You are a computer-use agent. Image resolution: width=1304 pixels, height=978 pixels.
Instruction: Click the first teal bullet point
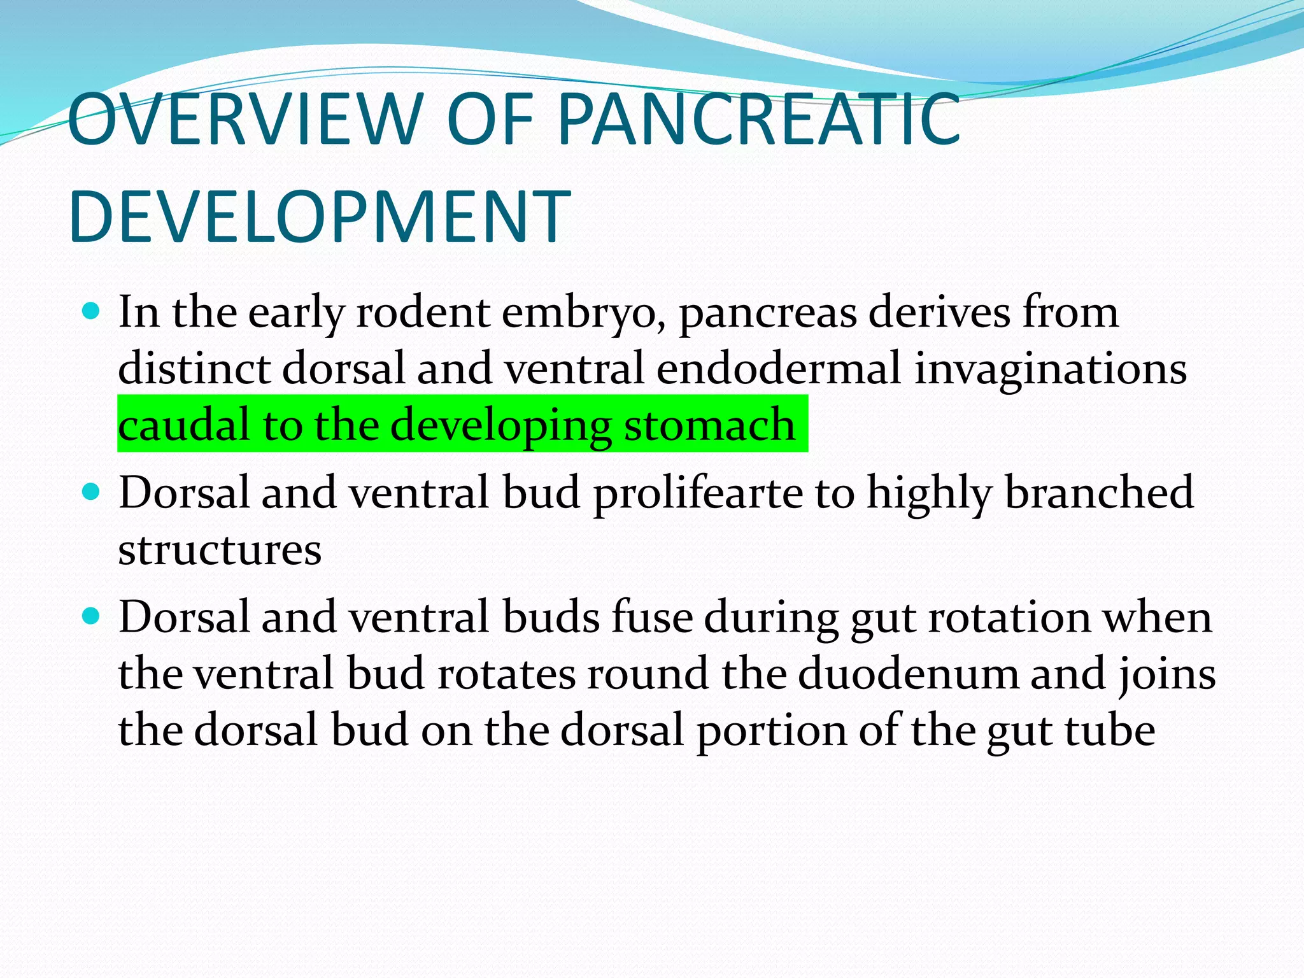point(92,312)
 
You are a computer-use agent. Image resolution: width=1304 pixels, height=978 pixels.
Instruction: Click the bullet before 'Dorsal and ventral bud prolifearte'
point(92,492)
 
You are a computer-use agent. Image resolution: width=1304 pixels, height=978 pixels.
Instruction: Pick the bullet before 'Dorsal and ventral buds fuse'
point(92,616)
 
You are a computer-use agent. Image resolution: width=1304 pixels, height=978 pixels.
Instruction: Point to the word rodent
point(423,313)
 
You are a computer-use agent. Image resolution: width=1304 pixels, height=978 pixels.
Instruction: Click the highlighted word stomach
point(709,425)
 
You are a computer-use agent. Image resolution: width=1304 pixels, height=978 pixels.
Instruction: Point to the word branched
point(1099,493)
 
